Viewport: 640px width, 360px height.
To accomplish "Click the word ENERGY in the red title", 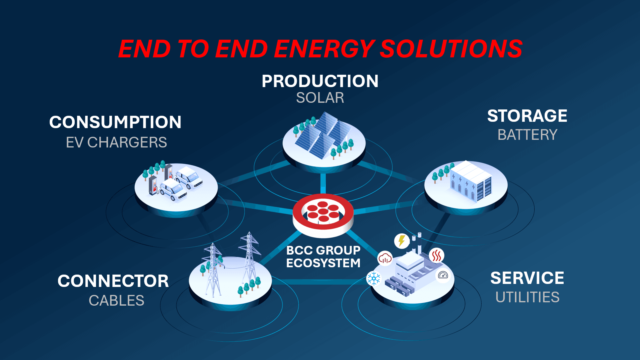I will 325,49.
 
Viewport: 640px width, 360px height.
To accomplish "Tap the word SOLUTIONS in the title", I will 451,49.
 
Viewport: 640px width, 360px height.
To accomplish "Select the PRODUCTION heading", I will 320,81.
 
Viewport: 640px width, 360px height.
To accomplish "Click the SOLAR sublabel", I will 320,98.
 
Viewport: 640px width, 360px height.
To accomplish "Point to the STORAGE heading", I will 527,116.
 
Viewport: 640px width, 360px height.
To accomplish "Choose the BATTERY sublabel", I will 527,135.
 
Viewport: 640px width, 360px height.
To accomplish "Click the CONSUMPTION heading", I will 115,122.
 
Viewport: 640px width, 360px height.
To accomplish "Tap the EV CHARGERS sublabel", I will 116,142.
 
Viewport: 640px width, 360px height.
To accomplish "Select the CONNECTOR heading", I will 113,281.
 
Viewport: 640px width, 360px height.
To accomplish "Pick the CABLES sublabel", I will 116,301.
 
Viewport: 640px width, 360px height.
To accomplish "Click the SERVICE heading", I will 527,278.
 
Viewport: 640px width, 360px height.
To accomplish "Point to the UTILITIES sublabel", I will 527,297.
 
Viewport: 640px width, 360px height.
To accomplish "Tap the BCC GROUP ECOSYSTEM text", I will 323,257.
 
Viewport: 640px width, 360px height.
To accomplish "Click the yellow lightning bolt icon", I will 402,241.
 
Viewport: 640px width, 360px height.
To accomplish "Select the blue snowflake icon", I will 374,278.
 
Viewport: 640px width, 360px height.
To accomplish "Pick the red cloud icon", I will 385,258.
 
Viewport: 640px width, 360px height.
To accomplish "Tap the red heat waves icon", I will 437,256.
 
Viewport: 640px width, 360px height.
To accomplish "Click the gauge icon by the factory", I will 443,275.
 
